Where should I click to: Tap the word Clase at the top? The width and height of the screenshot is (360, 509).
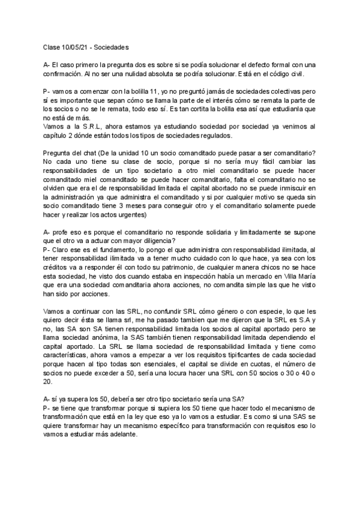(x=52, y=46)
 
